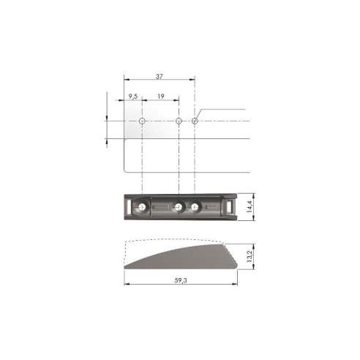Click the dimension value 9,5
132,95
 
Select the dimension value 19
160,95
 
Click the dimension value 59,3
181,280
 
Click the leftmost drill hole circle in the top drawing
142,121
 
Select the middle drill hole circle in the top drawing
179,121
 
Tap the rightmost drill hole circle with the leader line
195,121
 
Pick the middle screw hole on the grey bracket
179,209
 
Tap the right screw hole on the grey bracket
195,209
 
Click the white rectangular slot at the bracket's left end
130,208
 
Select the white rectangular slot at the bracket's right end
231,208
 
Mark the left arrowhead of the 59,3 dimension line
126,286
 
